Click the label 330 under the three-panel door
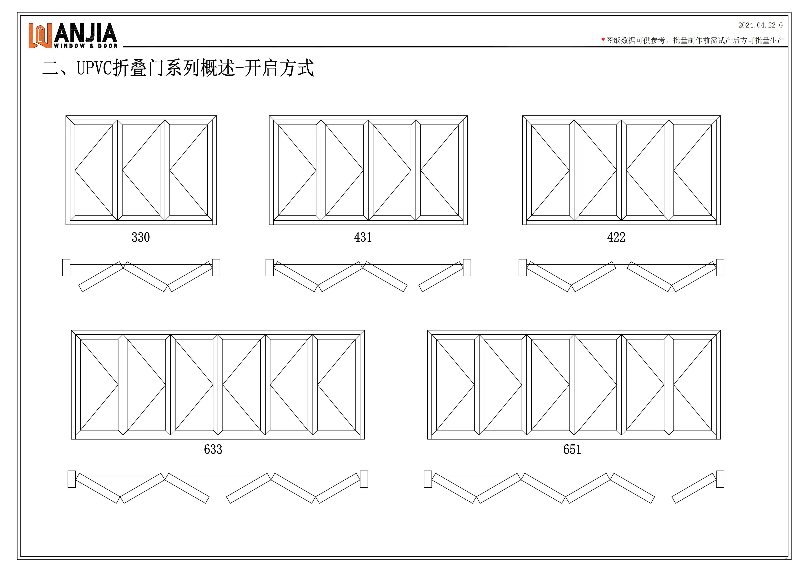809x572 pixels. click(x=141, y=237)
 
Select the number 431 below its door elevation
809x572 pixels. click(x=363, y=237)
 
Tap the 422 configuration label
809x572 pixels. click(x=616, y=237)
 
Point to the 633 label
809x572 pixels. click(x=213, y=449)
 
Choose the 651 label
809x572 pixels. click(x=572, y=449)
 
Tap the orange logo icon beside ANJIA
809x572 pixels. click(x=40, y=35)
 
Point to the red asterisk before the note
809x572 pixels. click(x=603, y=40)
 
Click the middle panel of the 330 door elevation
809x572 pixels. click(x=141, y=170)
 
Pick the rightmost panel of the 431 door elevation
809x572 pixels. click(x=439, y=170)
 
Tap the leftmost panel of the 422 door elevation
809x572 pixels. click(x=550, y=170)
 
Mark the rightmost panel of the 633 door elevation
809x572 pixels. click(x=336, y=385)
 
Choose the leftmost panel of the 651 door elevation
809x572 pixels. click(x=455, y=385)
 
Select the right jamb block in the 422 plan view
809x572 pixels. click(x=720, y=268)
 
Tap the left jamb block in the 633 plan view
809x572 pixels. click(x=71, y=479)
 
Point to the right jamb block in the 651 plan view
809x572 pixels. click(x=720, y=479)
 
